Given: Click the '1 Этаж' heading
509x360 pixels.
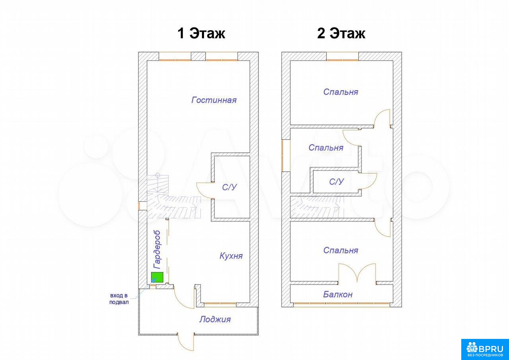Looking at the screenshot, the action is (x=201, y=33).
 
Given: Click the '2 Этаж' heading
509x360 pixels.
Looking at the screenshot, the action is (x=341, y=33).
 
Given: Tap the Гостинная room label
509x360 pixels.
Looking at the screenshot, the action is (x=214, y=100).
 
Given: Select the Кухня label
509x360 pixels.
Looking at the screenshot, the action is (x=231, y=256).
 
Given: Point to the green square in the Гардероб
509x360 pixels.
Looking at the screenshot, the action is (x=157, y=277).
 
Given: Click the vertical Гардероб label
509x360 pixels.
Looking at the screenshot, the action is (x=157, y=249).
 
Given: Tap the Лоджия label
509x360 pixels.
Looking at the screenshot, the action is (x=215, y=319).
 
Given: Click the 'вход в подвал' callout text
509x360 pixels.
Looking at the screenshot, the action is (x=119, y=299).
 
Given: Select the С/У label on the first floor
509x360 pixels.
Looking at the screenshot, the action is (x=229, y=187).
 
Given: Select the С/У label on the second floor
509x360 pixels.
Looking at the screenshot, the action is (x=336, y=181).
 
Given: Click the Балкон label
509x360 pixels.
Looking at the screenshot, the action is (x=338, y=294).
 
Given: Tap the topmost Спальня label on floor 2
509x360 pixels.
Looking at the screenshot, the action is (x=341, y=92).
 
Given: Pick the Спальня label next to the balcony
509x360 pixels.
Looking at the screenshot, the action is (x=341, y=250).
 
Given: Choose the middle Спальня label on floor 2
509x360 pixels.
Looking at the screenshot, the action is (x=326, y=148).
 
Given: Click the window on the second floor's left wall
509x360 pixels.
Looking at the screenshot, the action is (x=282, y=155).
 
